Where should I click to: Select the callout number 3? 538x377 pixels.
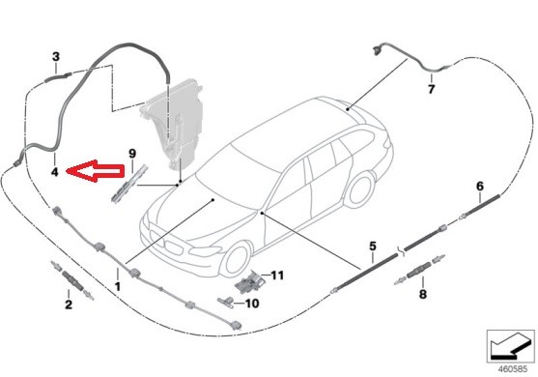coord(55,56)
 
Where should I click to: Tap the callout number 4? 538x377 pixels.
coord(55,172)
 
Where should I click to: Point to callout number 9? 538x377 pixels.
coord(133,153)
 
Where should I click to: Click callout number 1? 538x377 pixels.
coord(117,287)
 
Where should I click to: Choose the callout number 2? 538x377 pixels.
coord(68,305)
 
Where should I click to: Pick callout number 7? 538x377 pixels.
coord(432,90)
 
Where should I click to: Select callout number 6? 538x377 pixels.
coord(479,185)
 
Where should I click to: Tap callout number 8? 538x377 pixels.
coord(421,292)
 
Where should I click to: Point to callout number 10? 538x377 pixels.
coord(251,303)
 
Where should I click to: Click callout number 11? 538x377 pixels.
coord(277,275)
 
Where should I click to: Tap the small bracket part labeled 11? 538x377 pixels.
coord(252,279)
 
